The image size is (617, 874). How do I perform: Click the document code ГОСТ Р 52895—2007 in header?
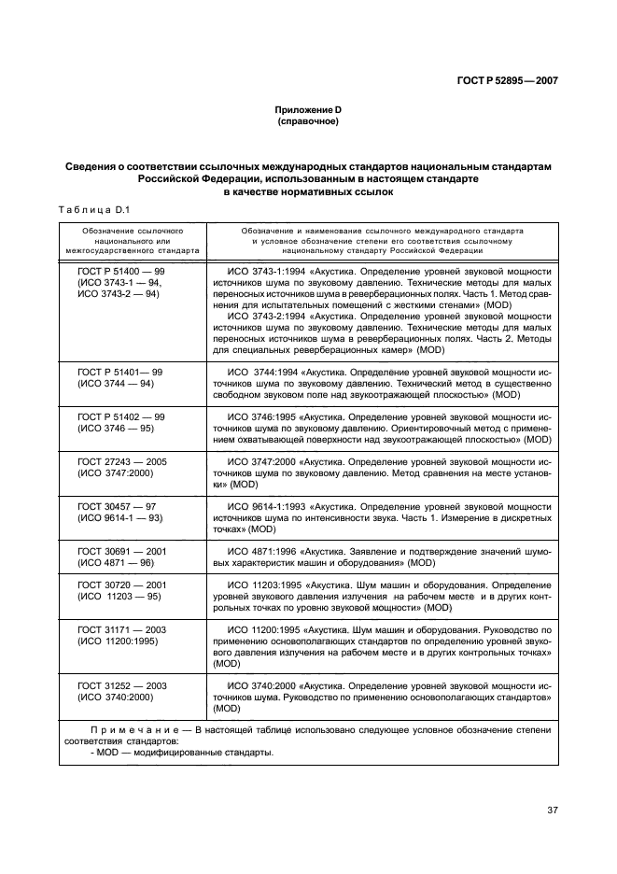(x=508, y=81)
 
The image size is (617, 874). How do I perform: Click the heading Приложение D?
(x=307, y=110)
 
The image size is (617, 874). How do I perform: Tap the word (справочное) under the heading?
(x=307, y=122)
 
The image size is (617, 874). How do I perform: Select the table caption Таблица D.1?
(x=96, y=210)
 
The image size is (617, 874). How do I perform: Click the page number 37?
(x=552, y=810)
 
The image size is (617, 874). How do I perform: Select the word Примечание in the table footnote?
(x=130, y=728)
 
